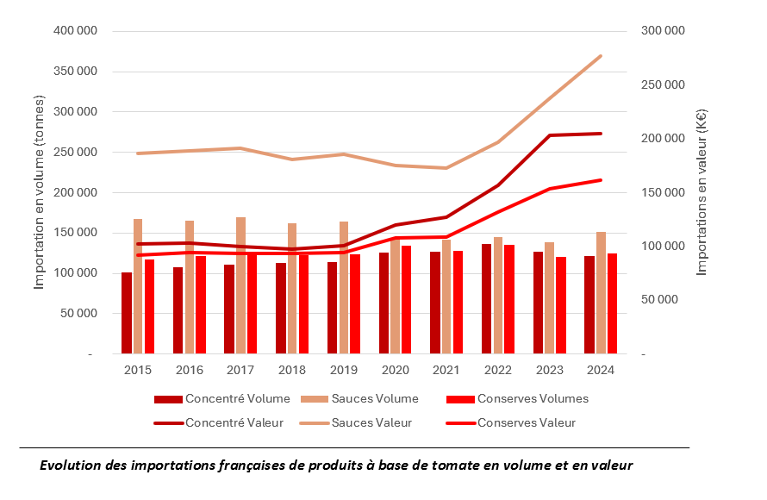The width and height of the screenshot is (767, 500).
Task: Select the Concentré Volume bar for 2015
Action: pyautogui.click(x=127, y=313)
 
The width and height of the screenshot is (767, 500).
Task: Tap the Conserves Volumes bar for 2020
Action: pyautogui.click(x=406, y=299)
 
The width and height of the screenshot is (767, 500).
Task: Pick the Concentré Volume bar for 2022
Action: pyautogui.click(x=487, y=298)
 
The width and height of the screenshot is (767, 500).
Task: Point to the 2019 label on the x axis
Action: pyautogui.click(x=343, y=370)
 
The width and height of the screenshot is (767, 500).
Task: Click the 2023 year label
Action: pyautogui.click(x=549, y=370)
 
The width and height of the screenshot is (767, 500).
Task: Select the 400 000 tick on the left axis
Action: pyautogui.click(x=75, y=31)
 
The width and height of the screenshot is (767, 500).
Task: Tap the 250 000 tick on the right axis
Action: pyautogui.click(x=663, y=84)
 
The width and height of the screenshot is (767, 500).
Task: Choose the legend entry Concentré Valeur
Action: pyautogui.click(x=225, y=422)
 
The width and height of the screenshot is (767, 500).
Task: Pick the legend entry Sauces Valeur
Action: pyautogui.click(x=371, y=422)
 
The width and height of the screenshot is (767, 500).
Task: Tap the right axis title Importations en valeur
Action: pyautogui.click(x=702, y=193)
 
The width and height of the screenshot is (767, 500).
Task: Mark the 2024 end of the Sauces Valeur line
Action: pyautogui.click(x=601, y=56)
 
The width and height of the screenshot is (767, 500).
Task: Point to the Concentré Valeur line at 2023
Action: pyautogui.click(x=550, y=135)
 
